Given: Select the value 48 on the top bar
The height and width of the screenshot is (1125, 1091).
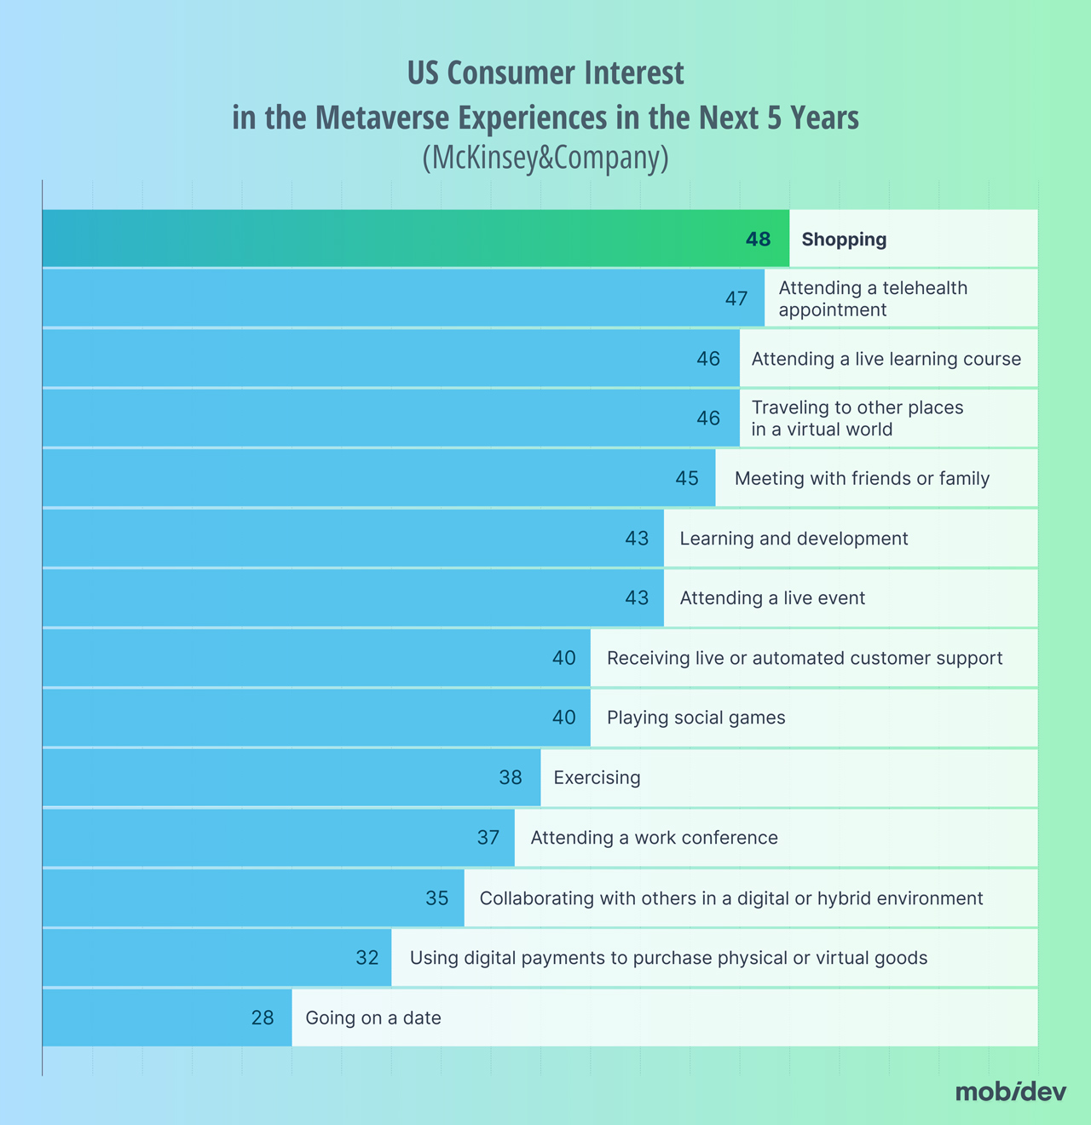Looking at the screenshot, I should click(758, 239).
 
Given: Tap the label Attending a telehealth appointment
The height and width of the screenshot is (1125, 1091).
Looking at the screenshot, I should click(873, 298).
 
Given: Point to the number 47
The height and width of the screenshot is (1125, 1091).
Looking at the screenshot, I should click(736, 299).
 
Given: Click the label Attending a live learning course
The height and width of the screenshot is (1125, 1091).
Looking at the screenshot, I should click(886, 359).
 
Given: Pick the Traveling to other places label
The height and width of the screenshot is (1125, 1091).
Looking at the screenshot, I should click(857, 418).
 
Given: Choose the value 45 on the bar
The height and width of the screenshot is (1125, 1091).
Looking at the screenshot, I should click(687, 478).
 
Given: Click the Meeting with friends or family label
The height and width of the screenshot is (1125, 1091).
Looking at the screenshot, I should click(862, 478).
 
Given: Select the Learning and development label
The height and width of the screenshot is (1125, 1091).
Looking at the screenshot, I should click(794, 539).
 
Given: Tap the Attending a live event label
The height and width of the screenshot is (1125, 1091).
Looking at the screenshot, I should click(772, 598).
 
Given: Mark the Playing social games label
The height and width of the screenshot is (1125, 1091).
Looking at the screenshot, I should click(696, 718).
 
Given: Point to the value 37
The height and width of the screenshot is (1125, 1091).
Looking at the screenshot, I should click(488, 838).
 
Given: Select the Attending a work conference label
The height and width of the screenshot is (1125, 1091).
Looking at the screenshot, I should click(654, 838).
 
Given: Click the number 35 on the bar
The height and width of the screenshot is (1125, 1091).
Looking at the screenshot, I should click(437, 897).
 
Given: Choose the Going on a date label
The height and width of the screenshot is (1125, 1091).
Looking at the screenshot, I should click(373, 1018).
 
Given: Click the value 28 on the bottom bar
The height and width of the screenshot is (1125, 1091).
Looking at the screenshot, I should click(263, 1018).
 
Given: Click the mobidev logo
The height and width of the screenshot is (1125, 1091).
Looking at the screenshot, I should click(1010, 1092).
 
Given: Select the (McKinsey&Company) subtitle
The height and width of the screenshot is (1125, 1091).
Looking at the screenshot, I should click(545, 159).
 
